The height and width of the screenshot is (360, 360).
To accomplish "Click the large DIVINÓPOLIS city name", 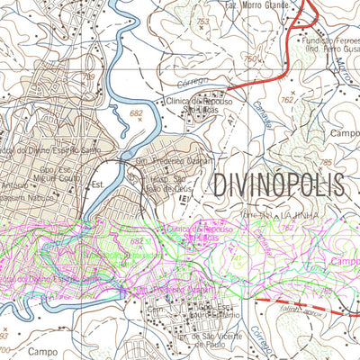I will [x=279, y=185].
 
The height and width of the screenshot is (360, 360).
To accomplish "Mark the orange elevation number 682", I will [x=138, y=114].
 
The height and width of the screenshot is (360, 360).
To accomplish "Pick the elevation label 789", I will [x=87, y=78].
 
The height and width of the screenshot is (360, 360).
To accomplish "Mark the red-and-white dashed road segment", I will [x=288, y=300].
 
